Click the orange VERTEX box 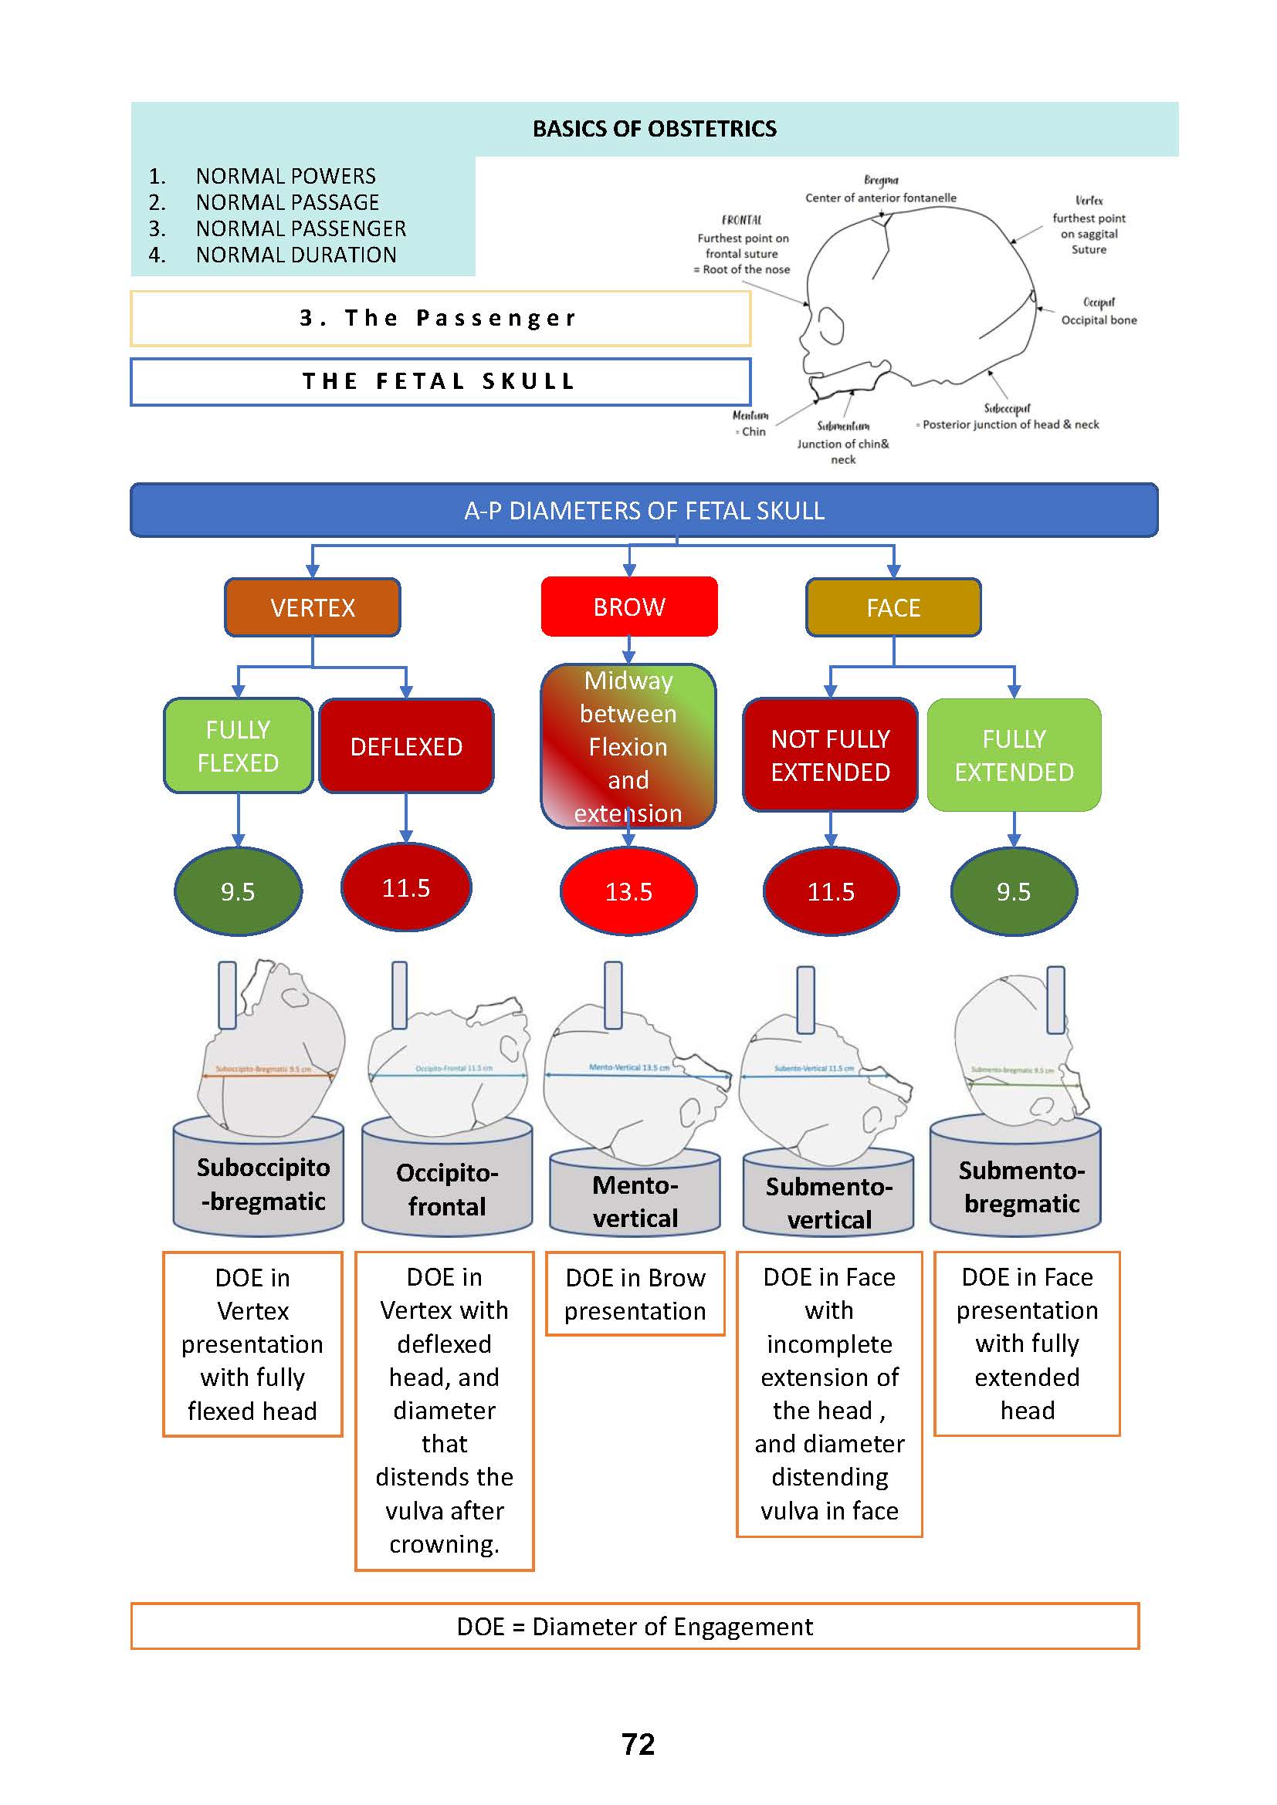(x=312, y=607)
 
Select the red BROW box (x=629, y=607)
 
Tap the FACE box (x=893, y=607)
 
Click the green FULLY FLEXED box (x=238, y=745)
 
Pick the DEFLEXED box (x=406, y=746)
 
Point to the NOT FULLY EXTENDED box (x=831, y=755)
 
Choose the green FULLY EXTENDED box (x=1014, y=755)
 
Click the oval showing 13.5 (x=628, y=891)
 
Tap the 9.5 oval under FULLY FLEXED (x=238, y=891)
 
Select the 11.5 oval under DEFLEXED (x=406, y=887)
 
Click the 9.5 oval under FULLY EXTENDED (x=1014, y=891)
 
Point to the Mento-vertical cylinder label (x=635, y=1201)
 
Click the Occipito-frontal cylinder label (x=446, y=1188)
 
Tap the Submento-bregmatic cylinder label (x=1021, y=1186)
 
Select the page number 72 (x=638, y=1744)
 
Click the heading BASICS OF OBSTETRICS (x=654, y=129)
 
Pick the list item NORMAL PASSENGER (x=300, y=228)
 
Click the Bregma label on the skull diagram (x=881, y=181)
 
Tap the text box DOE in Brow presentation (x=635, y=1294)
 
